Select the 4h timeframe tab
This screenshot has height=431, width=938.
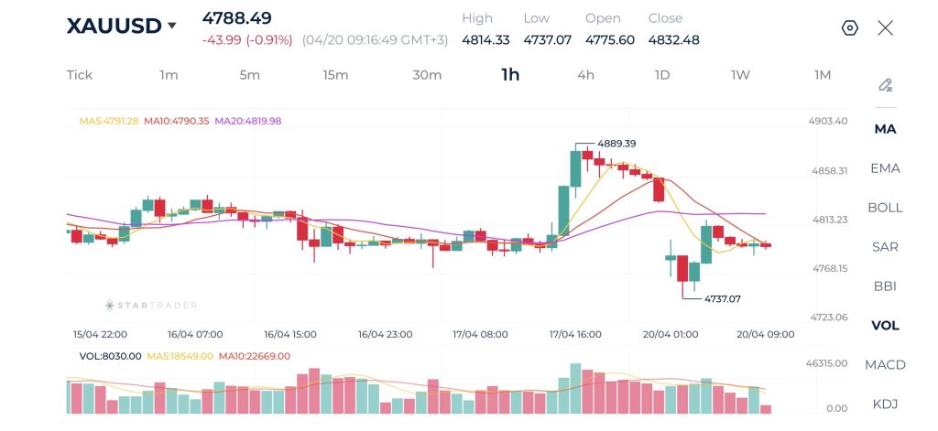click(586, 75)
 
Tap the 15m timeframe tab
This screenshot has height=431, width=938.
click(335, 75)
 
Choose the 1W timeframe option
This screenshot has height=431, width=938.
click(740, 75)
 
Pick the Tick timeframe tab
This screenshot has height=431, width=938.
click(80, 75)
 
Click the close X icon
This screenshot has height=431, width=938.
click(885, 27)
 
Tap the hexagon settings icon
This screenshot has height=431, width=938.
click(850, 27)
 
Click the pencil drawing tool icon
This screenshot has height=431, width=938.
click(885, 85)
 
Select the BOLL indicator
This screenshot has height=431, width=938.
click(885, 208)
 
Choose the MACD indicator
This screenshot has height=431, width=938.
click(885, 365)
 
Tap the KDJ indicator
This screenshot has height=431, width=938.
click(885, 404)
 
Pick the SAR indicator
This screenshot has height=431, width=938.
click(885, 247)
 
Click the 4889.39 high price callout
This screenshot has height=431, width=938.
click(616, 144)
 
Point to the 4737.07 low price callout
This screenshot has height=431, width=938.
click(721, 298)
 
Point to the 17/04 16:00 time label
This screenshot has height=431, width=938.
click(575, 335)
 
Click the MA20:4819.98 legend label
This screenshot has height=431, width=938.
click(247, 121)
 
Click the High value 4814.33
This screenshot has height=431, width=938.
click(485, 40)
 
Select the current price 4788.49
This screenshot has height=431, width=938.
click(236, 18)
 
